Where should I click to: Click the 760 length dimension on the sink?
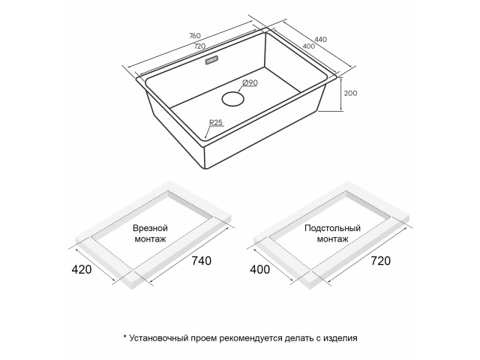click(x=195, y=35)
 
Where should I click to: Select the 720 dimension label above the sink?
click(x=199, y=46)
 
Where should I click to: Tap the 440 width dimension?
click(x=320, y=39)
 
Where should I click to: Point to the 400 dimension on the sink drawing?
click(x=308, y=46)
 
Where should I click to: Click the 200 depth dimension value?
click(x=350, y=93)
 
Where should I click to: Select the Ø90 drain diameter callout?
click(x=250, y=82)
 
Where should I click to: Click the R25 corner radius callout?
click(x=216, y=122)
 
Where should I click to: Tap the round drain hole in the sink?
click(x=233, y=99)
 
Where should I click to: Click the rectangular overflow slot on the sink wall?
click(x=211, y=60)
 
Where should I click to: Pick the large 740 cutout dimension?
click(x=202, y=260)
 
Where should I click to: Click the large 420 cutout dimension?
click(x=82, y=269)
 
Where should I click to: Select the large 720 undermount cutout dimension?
click(x=381, y=260)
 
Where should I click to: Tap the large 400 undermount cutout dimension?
click(x=260, y=269)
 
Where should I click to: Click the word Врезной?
click(x=150, y=228)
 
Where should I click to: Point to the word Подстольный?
click(x=333, y=228)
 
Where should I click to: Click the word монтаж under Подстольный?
click(x=333, y=238)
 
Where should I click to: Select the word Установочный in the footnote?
click(x=158, y=338)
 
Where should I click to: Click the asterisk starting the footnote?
click(x=125, y=337)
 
